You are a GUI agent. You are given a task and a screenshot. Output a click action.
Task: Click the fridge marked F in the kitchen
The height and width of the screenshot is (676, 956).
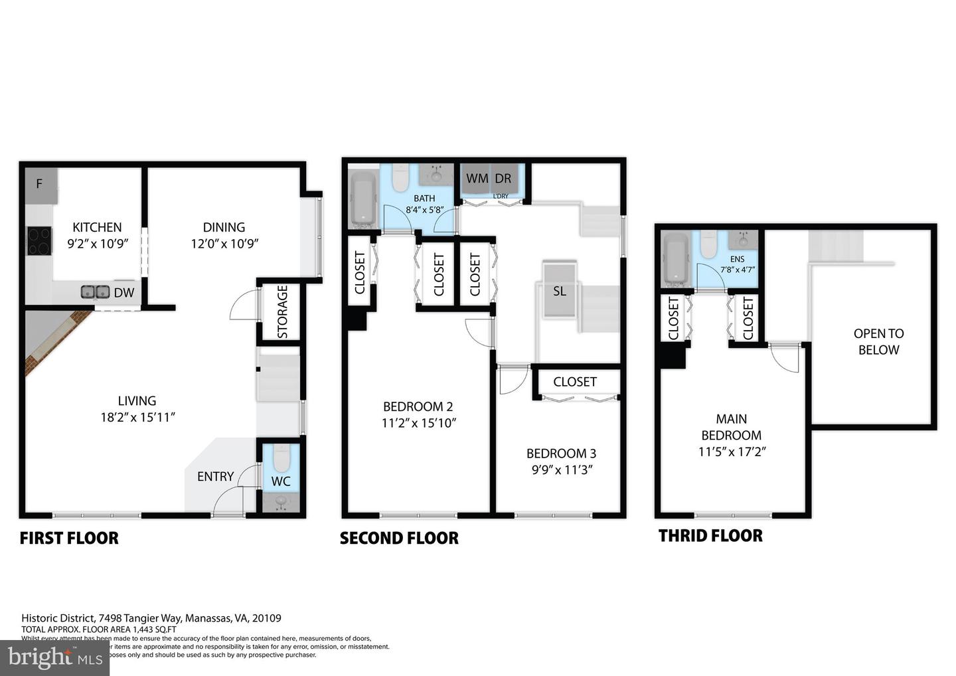click(40, 184)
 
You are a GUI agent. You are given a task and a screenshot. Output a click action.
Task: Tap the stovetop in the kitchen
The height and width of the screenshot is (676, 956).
click(39, 241)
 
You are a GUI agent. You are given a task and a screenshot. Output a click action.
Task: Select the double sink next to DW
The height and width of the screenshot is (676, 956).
click(96, 292)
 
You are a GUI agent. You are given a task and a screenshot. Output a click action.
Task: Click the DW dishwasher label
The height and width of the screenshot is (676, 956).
click(124, 293)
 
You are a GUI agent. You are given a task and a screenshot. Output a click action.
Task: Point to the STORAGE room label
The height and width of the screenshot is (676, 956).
click(282, 312)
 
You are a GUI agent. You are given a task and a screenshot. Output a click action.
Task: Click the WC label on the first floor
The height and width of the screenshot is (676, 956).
click(281, 481)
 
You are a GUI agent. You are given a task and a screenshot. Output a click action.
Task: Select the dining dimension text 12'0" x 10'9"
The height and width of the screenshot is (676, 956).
click(224, 244)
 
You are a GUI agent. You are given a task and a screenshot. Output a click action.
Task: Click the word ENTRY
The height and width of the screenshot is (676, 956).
click(215, 476)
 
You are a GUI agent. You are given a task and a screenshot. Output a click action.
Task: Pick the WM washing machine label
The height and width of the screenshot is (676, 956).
click(477, 179)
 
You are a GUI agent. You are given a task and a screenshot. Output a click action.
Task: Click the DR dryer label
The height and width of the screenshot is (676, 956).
click(503, 179)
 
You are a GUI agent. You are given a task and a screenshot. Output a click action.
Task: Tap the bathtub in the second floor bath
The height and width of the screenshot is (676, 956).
click(362, 198)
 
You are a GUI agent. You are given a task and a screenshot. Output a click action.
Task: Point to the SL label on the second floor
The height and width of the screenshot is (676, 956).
click(560, 291)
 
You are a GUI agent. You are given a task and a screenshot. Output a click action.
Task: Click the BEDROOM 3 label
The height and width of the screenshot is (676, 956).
click(561, 454)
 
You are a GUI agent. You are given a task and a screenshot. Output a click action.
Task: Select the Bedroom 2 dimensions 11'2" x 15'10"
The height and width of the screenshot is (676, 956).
click(418, 423)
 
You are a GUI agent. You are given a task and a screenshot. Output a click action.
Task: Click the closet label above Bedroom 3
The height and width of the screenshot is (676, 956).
click(575, 382)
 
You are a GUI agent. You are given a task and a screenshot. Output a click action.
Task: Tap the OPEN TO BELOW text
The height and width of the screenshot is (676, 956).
click(878, 341)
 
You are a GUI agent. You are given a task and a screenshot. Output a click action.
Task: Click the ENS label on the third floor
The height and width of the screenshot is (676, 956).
click(737, 259)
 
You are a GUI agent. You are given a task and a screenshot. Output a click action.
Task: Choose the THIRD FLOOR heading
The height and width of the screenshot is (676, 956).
click(710, 536)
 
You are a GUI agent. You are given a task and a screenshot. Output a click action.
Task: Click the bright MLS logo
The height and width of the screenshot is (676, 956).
click(54, 657)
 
